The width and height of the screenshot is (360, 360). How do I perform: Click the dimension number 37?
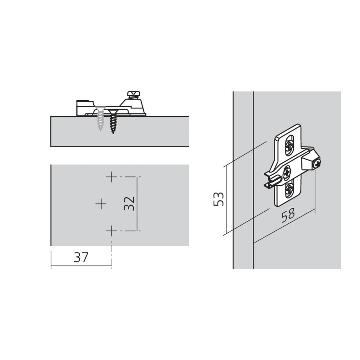(81, 257)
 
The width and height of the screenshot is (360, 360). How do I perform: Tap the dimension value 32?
(129, 203)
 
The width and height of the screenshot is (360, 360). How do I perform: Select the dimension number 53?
(219, 199)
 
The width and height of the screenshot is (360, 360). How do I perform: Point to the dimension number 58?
(288, 215)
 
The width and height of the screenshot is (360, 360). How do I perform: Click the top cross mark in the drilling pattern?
(112, 177)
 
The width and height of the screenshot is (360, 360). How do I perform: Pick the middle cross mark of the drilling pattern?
(101, 204)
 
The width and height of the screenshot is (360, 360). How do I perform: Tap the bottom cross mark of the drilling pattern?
(112, 230)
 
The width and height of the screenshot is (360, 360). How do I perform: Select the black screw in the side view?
(113, 122)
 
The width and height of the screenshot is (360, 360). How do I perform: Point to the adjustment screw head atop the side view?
(133, 94)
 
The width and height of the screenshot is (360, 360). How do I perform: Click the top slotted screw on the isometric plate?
(289, 146)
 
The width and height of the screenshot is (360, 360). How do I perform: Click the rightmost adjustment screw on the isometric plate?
(316, 164)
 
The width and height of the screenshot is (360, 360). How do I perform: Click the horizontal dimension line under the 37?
(81, 266)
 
